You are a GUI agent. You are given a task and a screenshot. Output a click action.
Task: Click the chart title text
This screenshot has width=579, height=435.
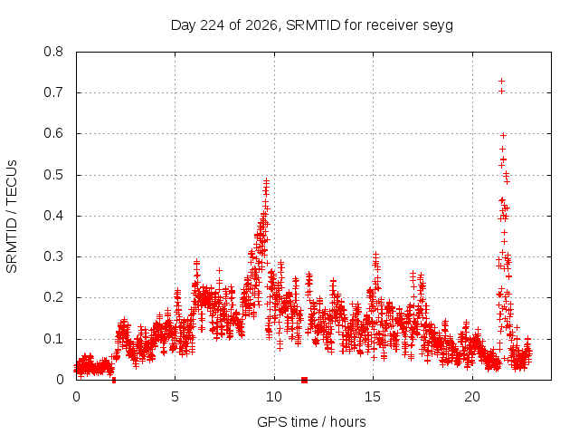click(311, 25)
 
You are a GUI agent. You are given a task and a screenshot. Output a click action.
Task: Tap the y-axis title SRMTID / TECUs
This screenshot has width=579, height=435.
click(12, 217)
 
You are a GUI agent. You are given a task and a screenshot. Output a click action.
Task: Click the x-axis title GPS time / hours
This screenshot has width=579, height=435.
click(311, 421)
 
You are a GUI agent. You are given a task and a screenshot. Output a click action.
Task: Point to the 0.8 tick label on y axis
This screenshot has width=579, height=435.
click(53, 52)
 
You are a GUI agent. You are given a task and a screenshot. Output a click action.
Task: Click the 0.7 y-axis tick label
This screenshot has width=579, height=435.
click(53, 92)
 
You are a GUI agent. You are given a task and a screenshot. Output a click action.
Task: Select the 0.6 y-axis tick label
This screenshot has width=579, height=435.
click(53, 133)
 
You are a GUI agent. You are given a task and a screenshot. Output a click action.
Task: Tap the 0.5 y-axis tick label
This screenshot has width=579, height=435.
click(53, 175)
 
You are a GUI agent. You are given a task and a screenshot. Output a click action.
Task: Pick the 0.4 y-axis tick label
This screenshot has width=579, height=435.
click(53, 216)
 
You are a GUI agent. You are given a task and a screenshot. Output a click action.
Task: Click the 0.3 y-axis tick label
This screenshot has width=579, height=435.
click(53, 256)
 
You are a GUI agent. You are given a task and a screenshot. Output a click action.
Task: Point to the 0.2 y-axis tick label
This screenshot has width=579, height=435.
click(53, 297)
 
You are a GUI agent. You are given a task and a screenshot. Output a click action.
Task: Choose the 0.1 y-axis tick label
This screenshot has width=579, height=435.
click(53, 339)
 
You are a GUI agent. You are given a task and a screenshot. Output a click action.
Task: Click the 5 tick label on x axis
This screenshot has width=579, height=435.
click(175, 397)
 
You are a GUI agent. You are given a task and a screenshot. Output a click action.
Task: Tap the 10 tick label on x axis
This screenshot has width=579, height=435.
click(273, 397)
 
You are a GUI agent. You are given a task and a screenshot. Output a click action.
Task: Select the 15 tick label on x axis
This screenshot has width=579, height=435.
click(373, 397)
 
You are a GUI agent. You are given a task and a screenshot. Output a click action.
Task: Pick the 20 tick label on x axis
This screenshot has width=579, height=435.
click(472, 397)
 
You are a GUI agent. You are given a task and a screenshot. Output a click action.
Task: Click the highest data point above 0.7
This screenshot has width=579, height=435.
click(501, 81)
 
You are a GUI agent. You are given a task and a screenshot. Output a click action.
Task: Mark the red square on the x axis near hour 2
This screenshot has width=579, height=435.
click(114, 380)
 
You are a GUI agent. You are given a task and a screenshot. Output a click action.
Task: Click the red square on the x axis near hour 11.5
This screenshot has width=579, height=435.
click(304, 380)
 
